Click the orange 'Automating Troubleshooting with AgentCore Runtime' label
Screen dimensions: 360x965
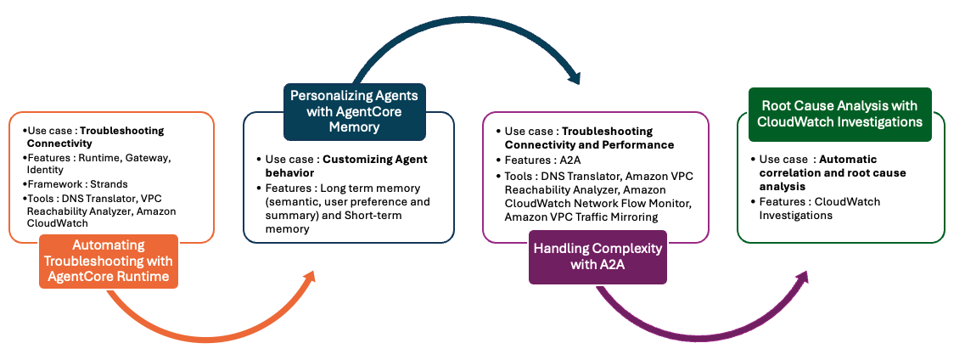pos(109,262)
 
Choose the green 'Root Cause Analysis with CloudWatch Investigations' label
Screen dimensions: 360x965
pos(839,114)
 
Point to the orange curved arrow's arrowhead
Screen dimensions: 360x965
pos(309,278)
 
